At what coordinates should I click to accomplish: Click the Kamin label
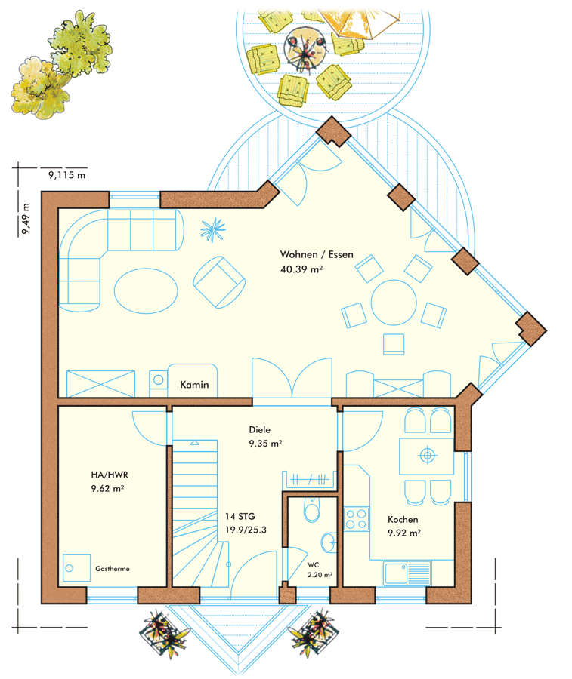tap(194, 385)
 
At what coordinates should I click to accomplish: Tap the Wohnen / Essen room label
tap(317, 254)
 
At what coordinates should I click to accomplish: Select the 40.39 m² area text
tap(301, 269)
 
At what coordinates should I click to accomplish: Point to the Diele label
tap(259, 429)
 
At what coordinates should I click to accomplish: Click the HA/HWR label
tap(110, 475)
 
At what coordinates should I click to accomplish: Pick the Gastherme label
tap(113, 569)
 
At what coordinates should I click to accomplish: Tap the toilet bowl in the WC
tap(312, 510)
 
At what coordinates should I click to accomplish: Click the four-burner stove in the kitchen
tap(357, 519)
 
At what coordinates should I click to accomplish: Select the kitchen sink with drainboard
tap(407, 573)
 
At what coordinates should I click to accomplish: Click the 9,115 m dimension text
tap(66, 175)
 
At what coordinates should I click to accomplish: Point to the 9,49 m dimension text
tap(26, 219)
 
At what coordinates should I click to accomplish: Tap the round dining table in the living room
tap(394, 303)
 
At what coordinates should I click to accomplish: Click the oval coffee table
tap(146, 290)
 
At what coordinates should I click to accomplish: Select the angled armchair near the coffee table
tap(219, 282)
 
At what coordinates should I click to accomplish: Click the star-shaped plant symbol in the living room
tap(213, 229)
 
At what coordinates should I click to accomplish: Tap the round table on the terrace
tap(306, 48)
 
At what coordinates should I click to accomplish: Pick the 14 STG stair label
tap(240, 516)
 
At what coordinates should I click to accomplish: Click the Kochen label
tap(403, 519)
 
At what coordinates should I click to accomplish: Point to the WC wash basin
tap(329, 542)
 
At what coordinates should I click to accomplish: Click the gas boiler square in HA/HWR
tap(77, 567)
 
